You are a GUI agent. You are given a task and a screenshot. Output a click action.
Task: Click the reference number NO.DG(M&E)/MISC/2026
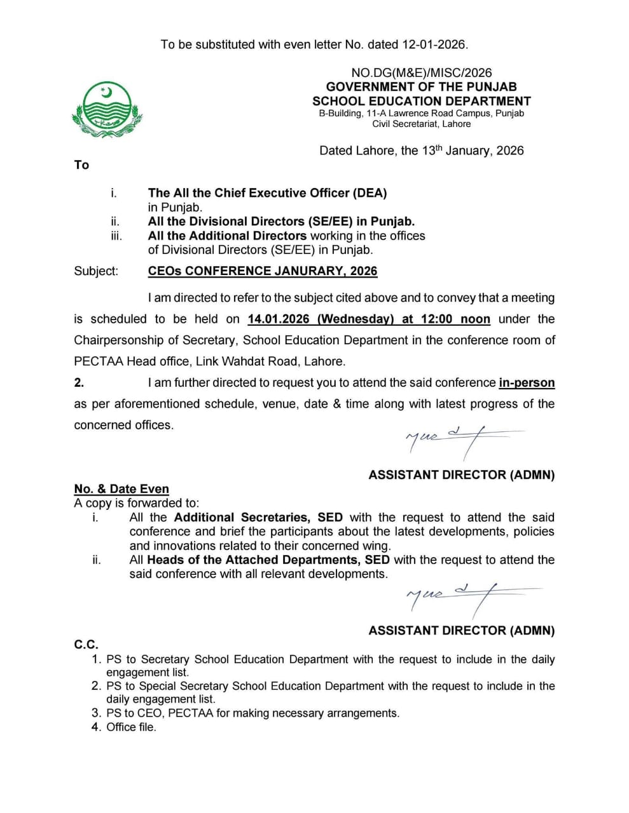[x=421, y=73]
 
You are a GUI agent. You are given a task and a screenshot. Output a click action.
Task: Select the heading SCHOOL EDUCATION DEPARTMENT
[x=421, y=101]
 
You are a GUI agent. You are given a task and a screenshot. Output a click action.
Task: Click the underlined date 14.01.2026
[x=278, y=319]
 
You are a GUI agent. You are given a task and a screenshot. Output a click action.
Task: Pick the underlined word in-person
[x=527, y=383]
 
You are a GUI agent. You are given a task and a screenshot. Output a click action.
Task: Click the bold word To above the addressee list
[x=81, y=165]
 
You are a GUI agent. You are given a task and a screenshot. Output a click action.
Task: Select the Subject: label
[x=96, y=271]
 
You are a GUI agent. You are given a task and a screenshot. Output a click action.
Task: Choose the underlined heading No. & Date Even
[x=121, y=489]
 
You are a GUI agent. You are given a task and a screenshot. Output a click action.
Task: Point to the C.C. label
[x=86, y=645]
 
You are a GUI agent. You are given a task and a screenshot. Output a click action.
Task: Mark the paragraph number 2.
[x=79, y=383]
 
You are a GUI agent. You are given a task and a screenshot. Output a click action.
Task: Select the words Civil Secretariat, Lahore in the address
[x=421, y=124]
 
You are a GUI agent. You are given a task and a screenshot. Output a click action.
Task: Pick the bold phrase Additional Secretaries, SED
[x=258, y=518]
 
